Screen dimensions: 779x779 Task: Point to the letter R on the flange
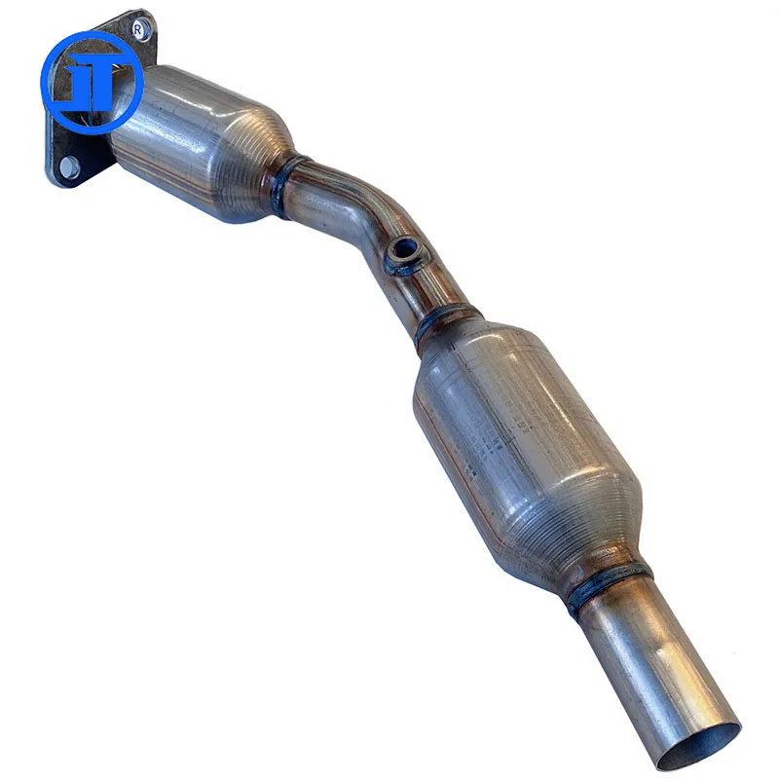138,29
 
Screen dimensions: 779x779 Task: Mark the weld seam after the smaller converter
282,185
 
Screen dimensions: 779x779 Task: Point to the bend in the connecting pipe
375,229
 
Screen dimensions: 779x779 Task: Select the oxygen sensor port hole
401,256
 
